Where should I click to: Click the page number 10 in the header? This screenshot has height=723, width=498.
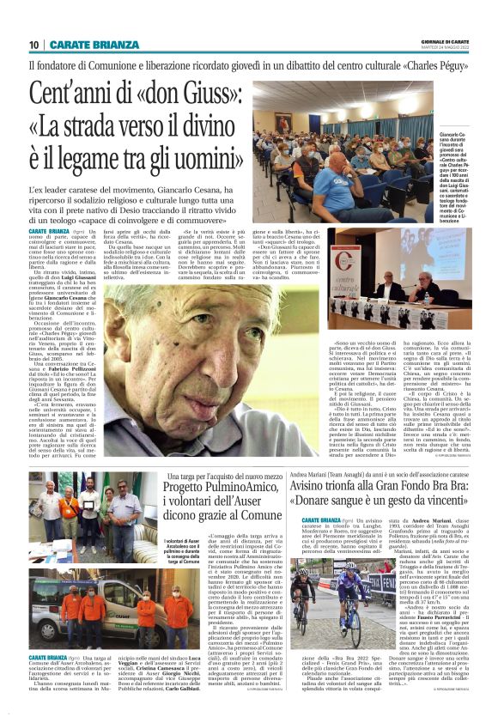(34, 45)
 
